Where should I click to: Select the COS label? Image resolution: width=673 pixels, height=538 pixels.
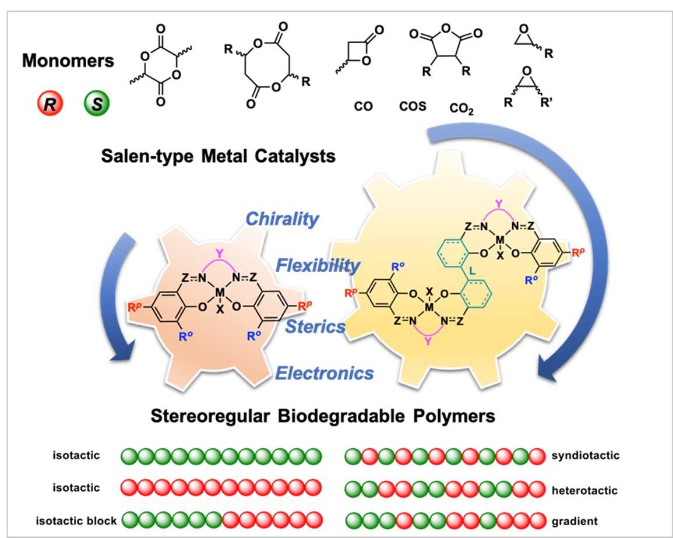[413, 107]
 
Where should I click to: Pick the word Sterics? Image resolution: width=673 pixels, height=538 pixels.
[315, 326]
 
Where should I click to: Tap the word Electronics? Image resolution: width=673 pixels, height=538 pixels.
[325, 371]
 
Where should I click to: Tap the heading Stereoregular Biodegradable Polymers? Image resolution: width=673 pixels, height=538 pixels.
[322, 417]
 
